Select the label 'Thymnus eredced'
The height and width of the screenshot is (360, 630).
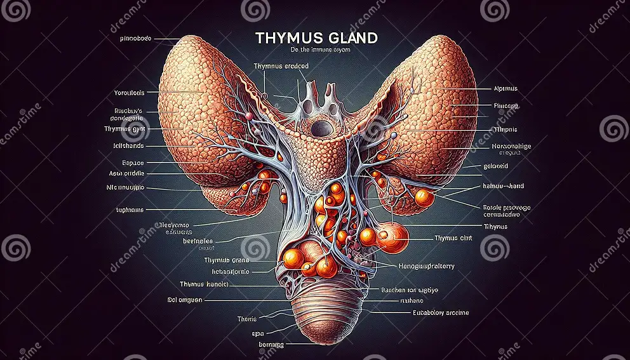281,66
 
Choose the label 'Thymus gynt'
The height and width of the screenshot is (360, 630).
125,128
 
